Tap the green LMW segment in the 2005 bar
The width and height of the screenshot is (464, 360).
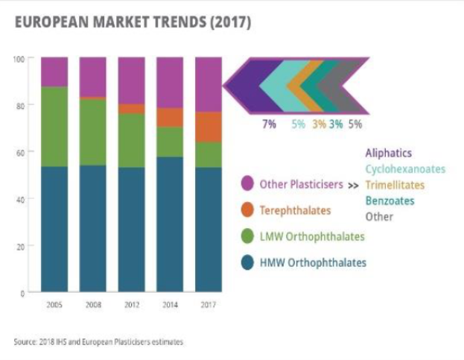(x=54, y=127)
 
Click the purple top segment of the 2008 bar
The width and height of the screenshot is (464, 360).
(x=92, y=77)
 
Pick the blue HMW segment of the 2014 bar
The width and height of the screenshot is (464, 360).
(x=170, y=224)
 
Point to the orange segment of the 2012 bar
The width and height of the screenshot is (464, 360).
(x=131, y=109)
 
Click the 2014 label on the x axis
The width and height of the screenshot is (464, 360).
(x=170, y=305)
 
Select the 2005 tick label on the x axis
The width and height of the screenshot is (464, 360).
(x=54, y=305)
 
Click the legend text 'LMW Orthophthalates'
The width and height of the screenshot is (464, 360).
(x=312, y=237)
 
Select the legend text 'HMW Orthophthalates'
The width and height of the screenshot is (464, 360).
(x=313, y=263)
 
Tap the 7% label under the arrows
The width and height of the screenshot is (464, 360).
(x=269, y=124)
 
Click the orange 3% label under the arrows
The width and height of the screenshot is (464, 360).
(x=319, y=124)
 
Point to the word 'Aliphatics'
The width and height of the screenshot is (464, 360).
(x=388, y=154)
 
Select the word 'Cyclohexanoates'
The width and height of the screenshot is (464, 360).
(x=404, y=169)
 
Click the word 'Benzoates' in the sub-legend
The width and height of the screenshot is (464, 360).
(x=390, y=200)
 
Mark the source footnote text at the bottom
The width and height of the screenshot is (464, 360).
(x=98, y=342)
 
